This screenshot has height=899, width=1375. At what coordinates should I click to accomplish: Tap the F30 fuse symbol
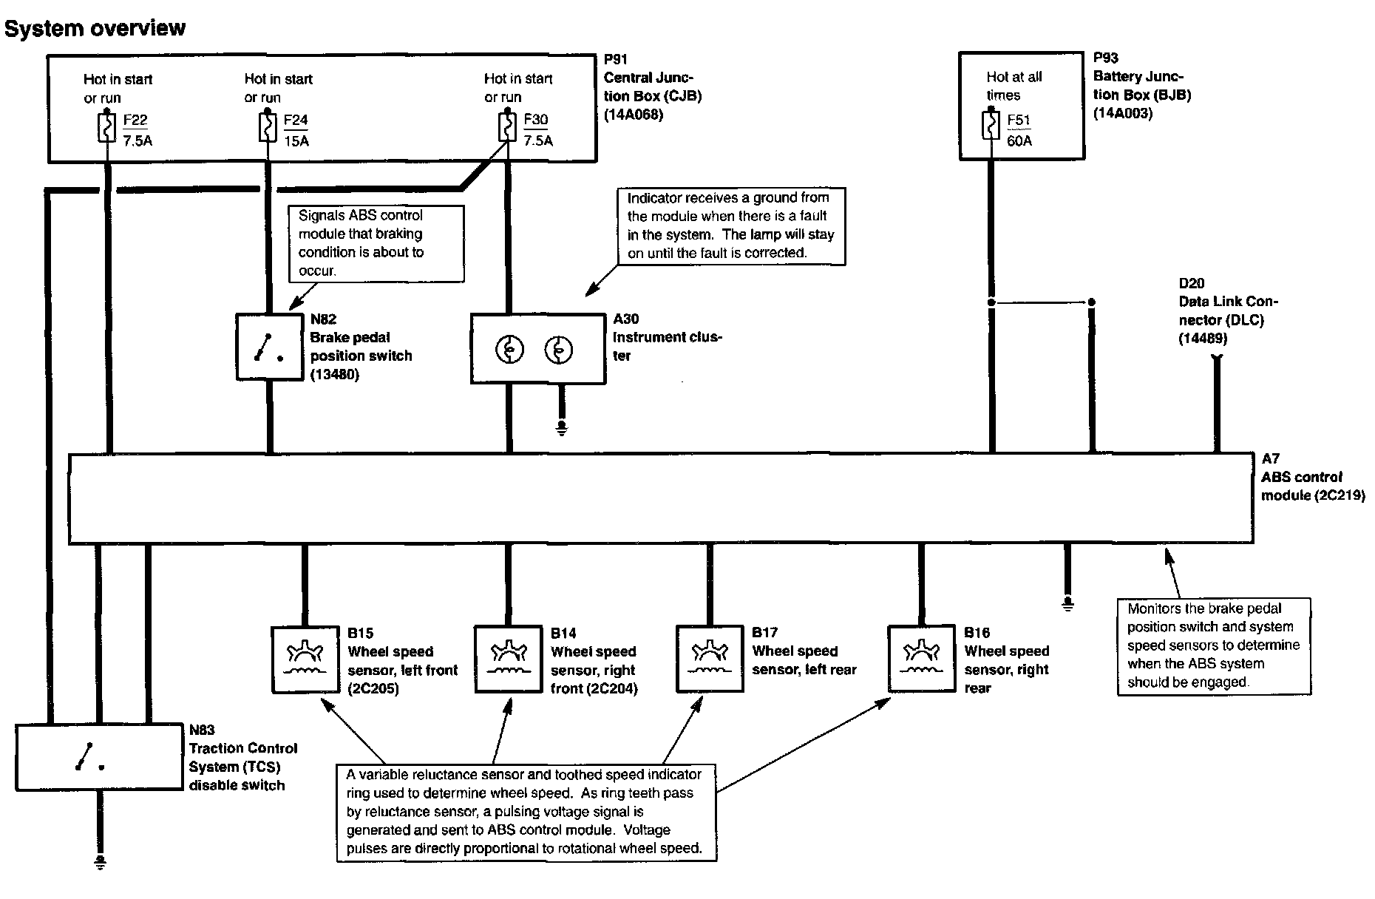pyautogui.click(x=508, y=129)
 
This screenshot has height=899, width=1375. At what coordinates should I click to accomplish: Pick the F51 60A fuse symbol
pyautogui.click(x=991, y=126)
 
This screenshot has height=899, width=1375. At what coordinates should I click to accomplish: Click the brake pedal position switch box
pyautogui.click(x=270, y=347)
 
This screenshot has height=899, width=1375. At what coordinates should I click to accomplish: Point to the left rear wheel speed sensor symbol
pyautogui.click(x=710, y=659)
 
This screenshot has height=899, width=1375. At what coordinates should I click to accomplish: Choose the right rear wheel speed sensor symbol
pyautogui.click(x=921, y=659)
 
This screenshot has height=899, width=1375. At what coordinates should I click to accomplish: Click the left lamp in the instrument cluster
pyautogui.click(x=510, y=350)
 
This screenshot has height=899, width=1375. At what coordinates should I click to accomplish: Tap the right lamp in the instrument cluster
pyautogui.click(x=558, y=350)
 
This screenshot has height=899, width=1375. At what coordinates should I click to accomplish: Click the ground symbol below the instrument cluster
pyautogui.click(x=562, y=428)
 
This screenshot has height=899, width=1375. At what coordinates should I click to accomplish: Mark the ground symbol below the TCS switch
pyautogui.click(x=100, y=862)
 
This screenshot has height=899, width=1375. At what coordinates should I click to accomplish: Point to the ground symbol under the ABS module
pyautogui.click(x=1067, y=604)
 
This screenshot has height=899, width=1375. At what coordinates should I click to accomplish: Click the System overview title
pyautogui.click(x=95, y=28)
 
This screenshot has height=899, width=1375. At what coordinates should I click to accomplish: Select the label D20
pyautogui.click(x=1191, y=283)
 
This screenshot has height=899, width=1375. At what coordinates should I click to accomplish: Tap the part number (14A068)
pyautogui.click(x=634, y=115)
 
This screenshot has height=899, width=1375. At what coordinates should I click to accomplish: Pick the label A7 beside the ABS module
pyautogui.click(x=1270, y=458)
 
